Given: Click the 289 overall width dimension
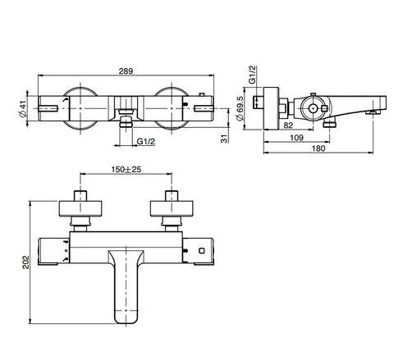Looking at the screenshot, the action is click(x=126, y=71).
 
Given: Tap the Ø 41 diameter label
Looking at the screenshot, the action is click(x=23, y=109).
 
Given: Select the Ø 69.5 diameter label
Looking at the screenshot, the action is click(x=240, y=108).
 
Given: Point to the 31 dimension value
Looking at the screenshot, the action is click(x=224, y=139).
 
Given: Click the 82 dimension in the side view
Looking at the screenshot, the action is click(x=288, y=125).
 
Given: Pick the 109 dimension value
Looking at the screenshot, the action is click(x=296, y=138).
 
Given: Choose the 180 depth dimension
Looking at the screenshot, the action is click(x=318, y=148).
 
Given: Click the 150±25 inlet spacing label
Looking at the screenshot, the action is click(x=126, y=170).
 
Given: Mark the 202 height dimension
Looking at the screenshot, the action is click(x=25, y=262).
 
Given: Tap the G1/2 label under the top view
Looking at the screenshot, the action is click(x=146, y=141).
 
